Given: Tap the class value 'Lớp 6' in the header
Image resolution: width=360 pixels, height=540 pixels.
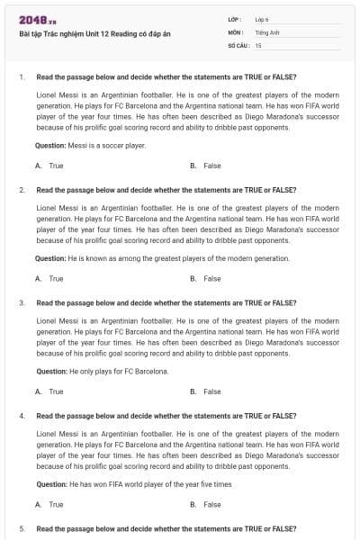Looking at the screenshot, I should [x=262, y=19].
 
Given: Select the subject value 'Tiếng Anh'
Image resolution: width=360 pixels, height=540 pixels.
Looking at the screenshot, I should [x=265, y=31].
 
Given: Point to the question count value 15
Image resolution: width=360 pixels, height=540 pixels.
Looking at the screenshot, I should [x=258, y=44].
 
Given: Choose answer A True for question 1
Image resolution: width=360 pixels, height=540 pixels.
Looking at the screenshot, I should [x=49, y=166].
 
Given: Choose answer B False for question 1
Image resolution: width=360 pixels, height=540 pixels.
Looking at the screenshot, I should [x=206, y=166].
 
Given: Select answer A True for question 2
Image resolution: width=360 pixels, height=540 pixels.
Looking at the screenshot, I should [x=49, y=279].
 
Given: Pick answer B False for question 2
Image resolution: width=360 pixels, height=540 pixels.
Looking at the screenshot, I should [x=206, y=279].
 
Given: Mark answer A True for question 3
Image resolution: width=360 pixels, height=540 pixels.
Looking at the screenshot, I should [x=49, y=391].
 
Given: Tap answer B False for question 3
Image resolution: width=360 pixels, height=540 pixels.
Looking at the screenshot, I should [x=206, y=391].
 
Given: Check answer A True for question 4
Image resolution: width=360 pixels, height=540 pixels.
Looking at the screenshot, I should [x=49, y=505].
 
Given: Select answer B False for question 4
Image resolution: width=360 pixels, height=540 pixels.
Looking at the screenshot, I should [x=206, y=505].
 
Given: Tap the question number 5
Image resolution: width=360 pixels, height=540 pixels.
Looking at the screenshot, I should [x=22, y=528].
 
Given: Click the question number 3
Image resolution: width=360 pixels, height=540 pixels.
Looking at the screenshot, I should [x=22, y=303].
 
